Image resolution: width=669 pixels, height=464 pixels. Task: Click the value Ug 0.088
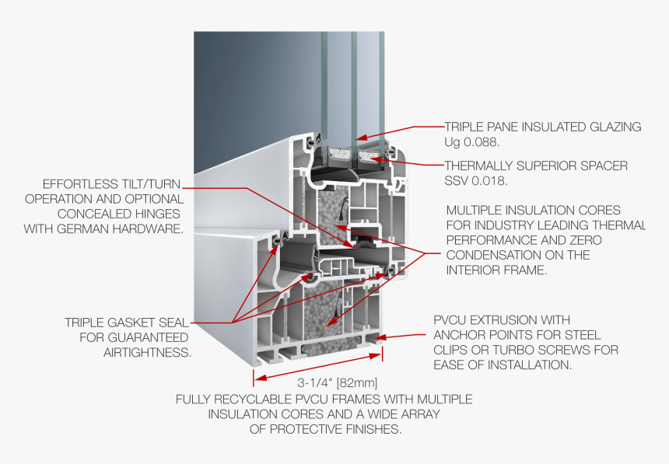tap(472, 142)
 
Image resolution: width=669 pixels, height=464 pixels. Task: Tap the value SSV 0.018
tap(476, 181)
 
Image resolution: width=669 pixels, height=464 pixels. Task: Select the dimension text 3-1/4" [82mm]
tap(337, 382)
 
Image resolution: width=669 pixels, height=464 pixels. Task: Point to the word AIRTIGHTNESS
tap(147, 353)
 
